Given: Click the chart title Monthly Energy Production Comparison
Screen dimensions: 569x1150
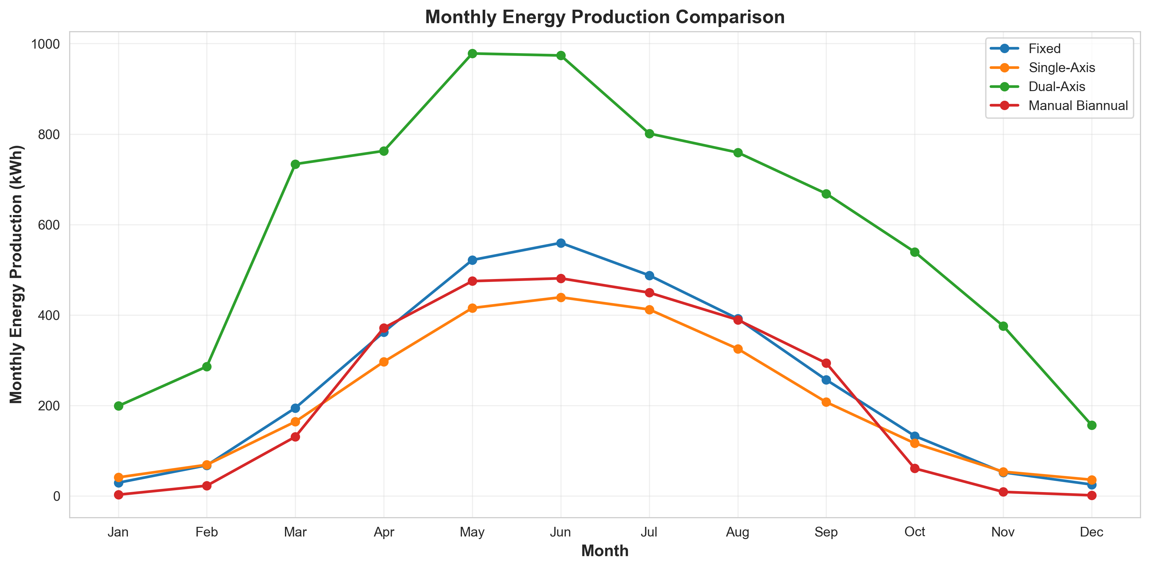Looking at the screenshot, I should (x=605, y=17).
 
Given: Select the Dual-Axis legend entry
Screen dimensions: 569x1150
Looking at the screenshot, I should (x=1056, y=87).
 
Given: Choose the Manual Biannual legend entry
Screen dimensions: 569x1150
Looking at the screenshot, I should (x=1078, y=106).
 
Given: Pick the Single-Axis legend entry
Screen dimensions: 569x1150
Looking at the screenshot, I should (x=1061, y=67).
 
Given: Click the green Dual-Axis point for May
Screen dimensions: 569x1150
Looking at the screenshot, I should (x=472, y=53).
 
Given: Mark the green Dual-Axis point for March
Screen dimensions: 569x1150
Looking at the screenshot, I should (x=295, y=164).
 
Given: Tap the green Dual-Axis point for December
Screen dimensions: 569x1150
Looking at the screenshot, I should (x=1091, y=425).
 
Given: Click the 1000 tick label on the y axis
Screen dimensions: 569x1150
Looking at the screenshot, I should (x=45, y=44).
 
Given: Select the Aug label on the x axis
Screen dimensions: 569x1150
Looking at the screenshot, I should (x=738, y=532).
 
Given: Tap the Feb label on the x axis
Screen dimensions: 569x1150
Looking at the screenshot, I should (x=207, y=532).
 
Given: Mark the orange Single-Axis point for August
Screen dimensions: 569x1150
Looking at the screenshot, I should (x=738, y=349).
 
